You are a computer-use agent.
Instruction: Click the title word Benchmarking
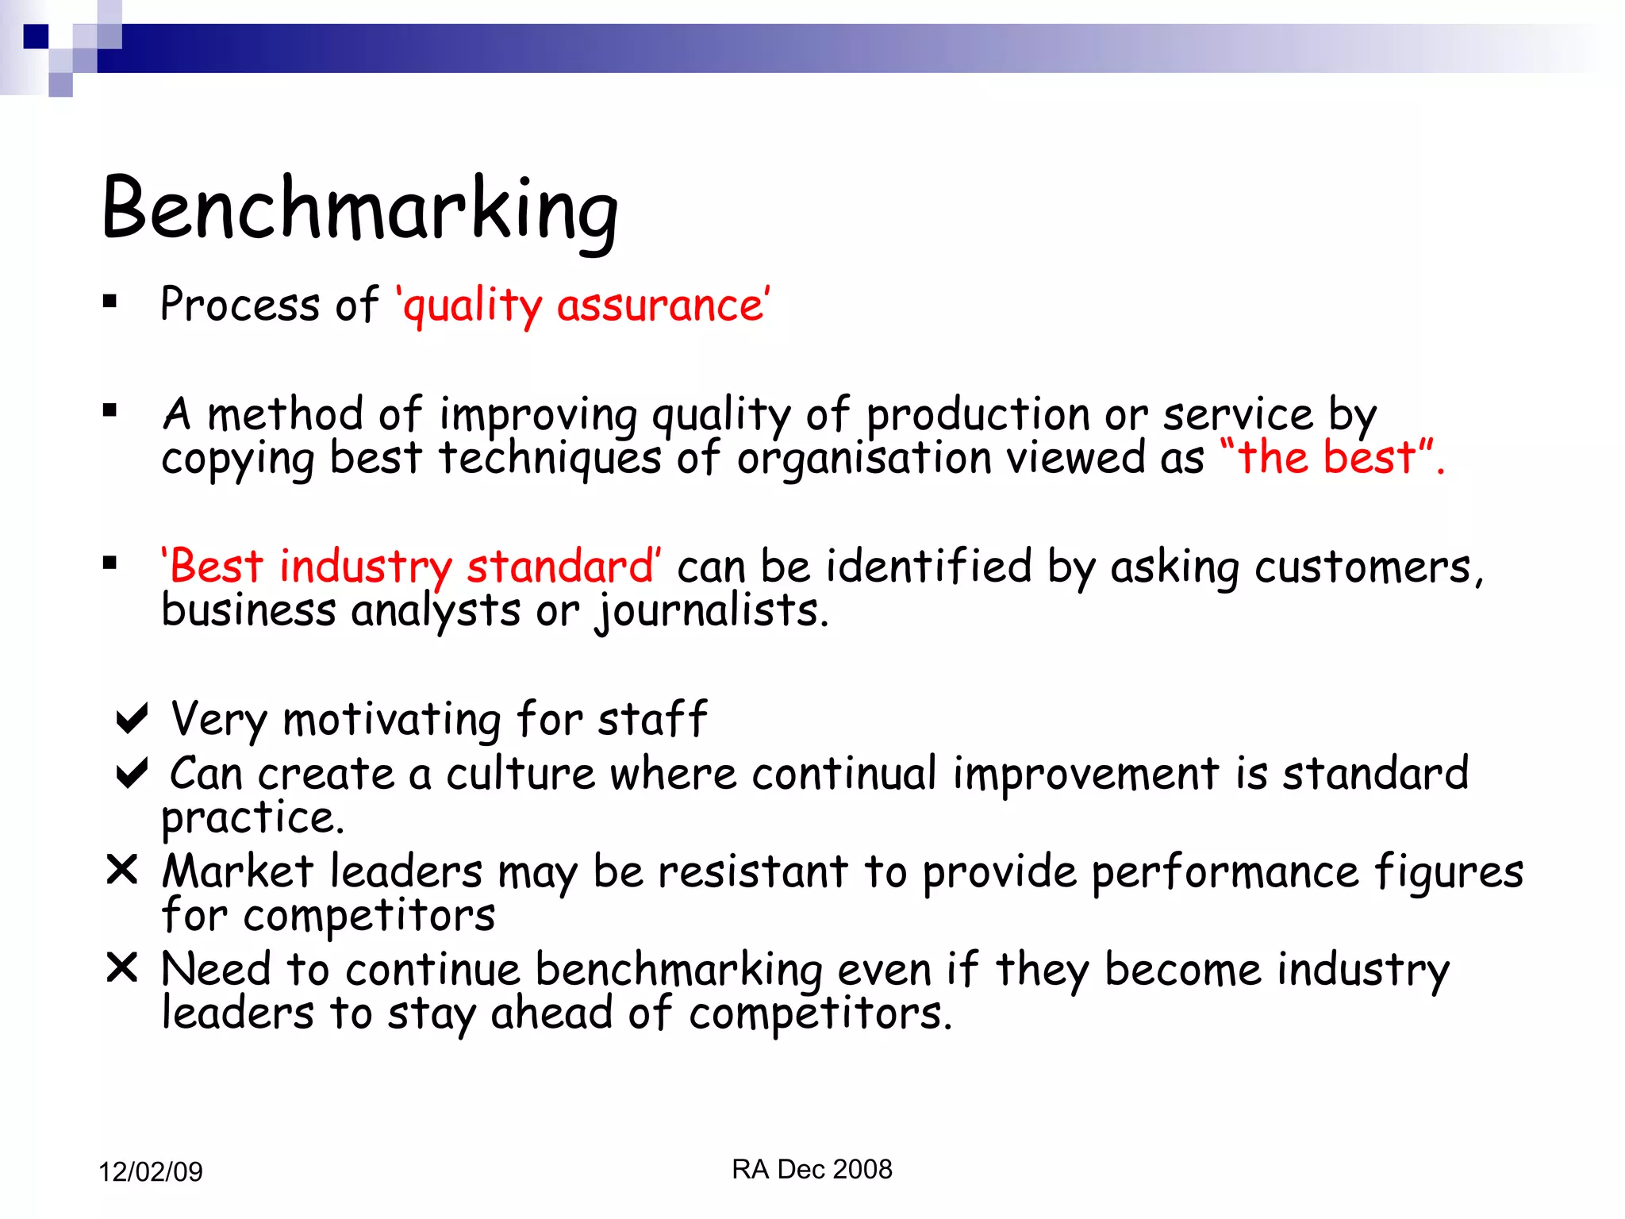click(x=359, y=208)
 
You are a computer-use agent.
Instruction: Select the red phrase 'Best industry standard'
click(x=411, y=567)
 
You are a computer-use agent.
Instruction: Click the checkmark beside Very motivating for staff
click(x=132, y=718)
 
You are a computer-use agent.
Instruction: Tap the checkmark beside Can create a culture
click(x=132, y=773)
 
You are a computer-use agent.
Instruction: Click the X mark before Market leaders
click(x=122, y=870)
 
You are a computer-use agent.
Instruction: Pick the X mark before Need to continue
click(x=122, y=967)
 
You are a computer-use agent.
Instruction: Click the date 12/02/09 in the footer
click(x=151, y=1171)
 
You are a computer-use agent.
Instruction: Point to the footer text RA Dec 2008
click(x=812, y=1169)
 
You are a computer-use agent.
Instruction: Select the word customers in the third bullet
click(x=1363, y=567)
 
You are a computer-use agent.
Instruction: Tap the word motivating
click(x=392, y=720)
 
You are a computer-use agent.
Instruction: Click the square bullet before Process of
click(x=110, y=301)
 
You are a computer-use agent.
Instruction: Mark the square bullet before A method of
click(x=110, y=410)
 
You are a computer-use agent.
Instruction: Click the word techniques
click(x=550, y=459)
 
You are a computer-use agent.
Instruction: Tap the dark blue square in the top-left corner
click(x=36, y=37)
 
